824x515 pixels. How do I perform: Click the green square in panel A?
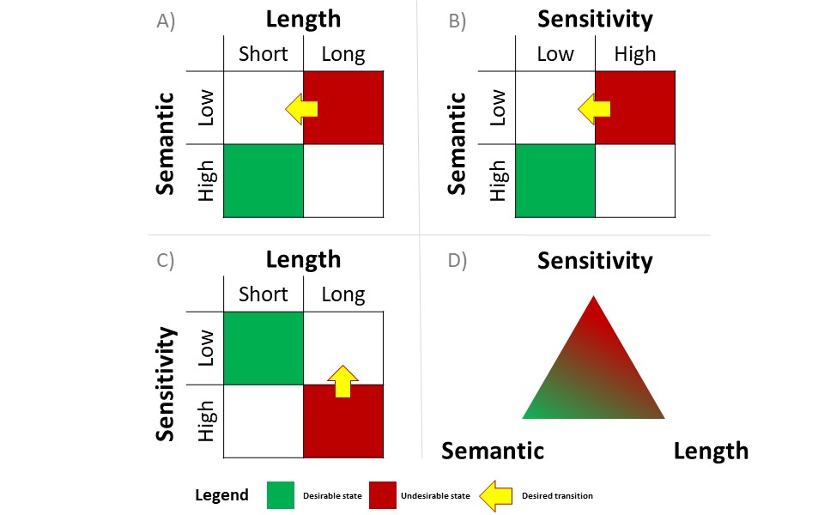pos(264,180)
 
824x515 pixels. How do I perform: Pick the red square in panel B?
pos(635,107)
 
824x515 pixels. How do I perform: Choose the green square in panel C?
pos(264,348)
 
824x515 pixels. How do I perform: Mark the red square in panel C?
pos(343,422)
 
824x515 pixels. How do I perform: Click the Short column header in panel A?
pos(264,54)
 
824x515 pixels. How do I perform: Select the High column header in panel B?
pos(634,54)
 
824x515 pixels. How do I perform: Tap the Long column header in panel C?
pos(343,294)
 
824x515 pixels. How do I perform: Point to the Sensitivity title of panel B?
pos(595,19)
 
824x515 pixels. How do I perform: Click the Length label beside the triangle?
pos(711,451)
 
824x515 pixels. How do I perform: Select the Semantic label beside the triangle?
pos(493,451)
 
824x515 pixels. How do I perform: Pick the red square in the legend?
pos(385,495)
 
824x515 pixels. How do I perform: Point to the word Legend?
pos(222,495)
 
